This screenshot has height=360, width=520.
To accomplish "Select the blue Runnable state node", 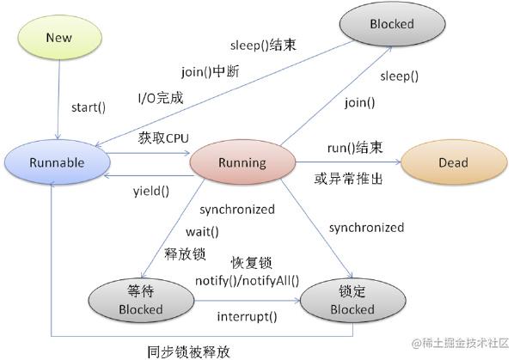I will click(55, 162).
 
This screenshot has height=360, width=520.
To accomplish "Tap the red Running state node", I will click(242, 162).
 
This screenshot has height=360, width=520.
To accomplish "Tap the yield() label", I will click(151, 190).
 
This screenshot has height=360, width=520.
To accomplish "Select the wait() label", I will click(202, 232).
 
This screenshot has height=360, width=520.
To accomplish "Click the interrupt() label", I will click(247, 315).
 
